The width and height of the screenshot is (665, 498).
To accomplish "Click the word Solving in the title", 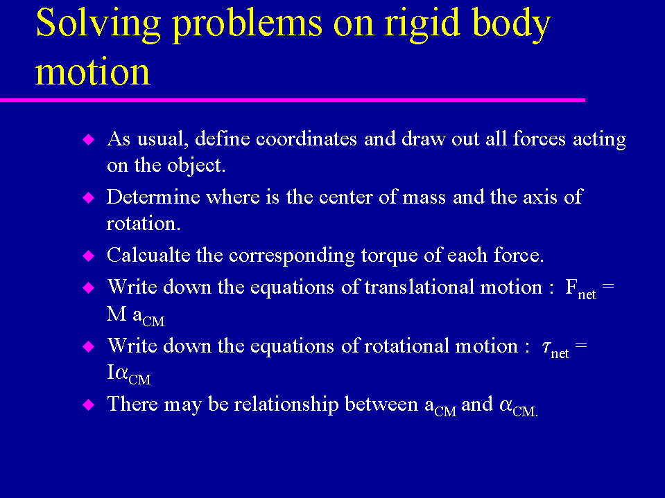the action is point(98,24).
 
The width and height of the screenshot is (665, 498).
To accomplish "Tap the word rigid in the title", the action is point(422,24).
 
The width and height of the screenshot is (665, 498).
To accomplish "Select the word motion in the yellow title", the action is point(92,72).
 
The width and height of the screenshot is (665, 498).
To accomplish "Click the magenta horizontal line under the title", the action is point(293,100).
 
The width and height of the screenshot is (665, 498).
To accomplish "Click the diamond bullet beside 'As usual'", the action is point(89,139).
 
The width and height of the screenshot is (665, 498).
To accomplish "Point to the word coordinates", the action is point(306,139).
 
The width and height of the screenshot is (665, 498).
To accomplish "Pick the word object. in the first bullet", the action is point(196,166).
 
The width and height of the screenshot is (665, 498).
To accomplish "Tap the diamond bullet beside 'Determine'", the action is point(89,197).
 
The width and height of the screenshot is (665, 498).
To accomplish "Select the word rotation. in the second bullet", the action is point(144,224).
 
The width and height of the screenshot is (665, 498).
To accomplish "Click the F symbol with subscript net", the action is point(580,290).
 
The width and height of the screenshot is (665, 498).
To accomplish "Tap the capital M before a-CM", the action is point(116,314).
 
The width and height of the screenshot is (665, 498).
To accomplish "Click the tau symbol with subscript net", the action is point(555,349).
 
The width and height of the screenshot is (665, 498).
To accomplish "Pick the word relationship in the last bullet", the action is point(286,404).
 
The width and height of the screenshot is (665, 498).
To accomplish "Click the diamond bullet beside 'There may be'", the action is point(89,404).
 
